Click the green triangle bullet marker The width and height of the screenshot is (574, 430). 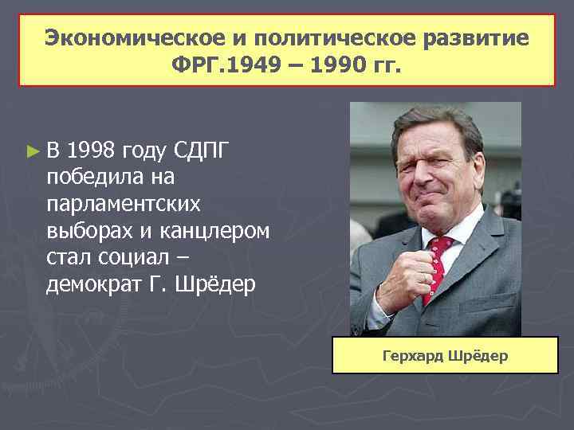tap(32, 149)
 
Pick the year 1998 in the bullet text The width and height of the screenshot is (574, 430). tap(92, 149)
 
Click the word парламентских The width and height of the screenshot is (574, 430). tap(124, 203)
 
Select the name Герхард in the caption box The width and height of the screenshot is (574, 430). tap(415, 355)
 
